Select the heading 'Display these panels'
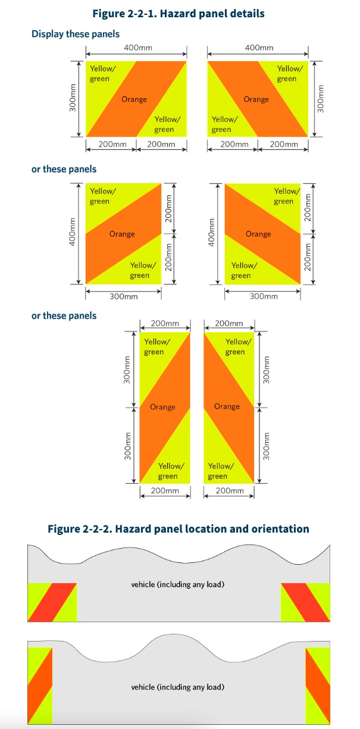[76, 34]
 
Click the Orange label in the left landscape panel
[134, 99]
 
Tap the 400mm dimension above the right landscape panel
[259, 48]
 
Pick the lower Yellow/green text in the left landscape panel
[167, 124]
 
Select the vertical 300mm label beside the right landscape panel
[321, 99]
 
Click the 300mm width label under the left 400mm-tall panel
[124, 296]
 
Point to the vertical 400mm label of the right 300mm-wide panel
[211, 232]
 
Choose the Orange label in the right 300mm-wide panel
[258, 234]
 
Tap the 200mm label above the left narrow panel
[165, 324]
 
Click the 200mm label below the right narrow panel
[230, 490]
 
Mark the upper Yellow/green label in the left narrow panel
[157, 346]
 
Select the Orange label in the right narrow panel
[227, 406]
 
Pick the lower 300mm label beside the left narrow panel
[127, 446]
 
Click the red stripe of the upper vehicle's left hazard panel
[52, 602]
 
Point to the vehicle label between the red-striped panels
[178, 584]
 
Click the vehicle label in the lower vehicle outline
[178, 687]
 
